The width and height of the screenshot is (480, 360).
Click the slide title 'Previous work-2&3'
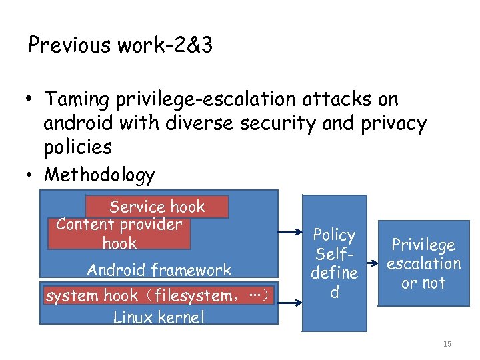coord(120,45)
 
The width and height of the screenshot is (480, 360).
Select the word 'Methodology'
coord(99,175)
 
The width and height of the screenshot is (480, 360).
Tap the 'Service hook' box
coord(157,207)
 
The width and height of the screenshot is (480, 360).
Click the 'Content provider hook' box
coord(119,233)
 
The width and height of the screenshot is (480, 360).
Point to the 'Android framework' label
coord(159,270)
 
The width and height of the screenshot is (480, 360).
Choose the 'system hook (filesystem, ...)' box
coord(159,295)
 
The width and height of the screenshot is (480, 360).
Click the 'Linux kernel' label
coord(159,317)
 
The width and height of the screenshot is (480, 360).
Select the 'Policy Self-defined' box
coord(334,263)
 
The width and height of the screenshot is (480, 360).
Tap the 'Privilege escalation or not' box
coord(424,263)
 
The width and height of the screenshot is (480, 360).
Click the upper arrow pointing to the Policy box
coord(289,233)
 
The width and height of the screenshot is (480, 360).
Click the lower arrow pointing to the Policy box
coord(289,303)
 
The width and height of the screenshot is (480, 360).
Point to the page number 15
coord(447,344)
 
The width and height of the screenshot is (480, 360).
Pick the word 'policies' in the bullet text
coord(76,147)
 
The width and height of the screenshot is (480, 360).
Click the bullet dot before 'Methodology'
coord(29,175)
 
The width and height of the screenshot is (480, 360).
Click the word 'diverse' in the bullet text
coord(205,123)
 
